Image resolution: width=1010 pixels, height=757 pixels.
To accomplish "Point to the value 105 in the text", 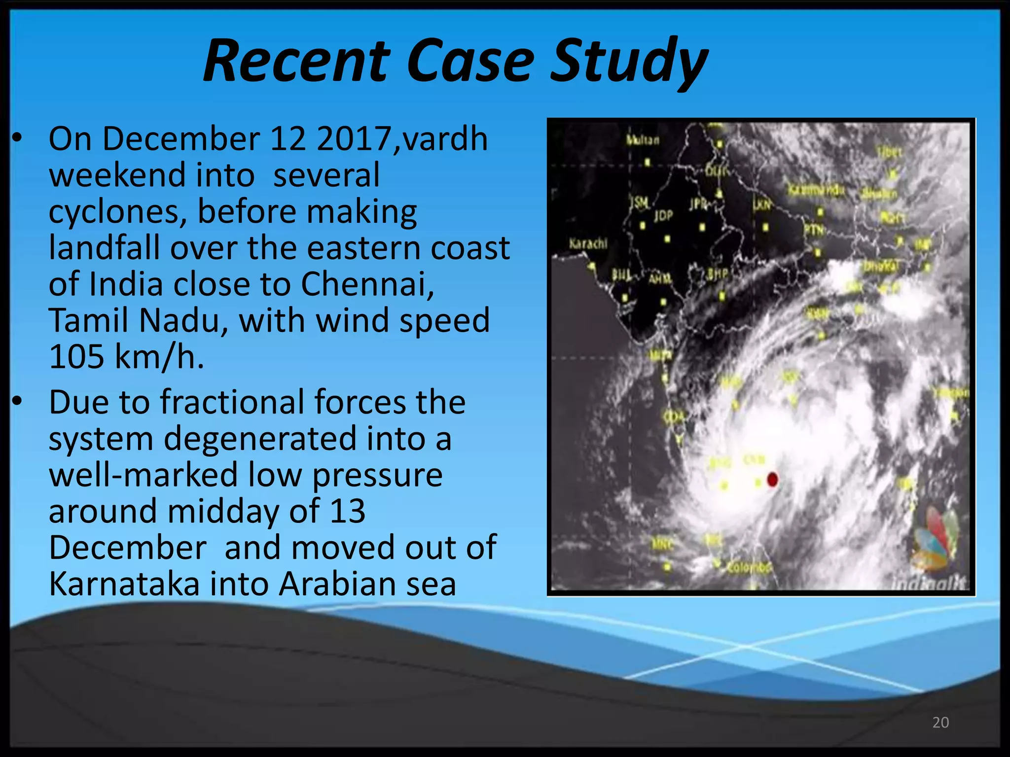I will click(77, 356).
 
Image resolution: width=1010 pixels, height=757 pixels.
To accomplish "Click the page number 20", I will click(940, 723).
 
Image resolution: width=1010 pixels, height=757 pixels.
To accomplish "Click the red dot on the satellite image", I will click(773, 479).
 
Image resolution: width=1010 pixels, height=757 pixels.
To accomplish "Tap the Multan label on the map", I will click(642, 140).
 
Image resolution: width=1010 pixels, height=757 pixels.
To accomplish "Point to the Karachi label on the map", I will click(588, 243).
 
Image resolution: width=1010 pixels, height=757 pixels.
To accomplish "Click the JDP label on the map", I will click(663, 215).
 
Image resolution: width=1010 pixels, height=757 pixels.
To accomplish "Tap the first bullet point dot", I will click(18, 139).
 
